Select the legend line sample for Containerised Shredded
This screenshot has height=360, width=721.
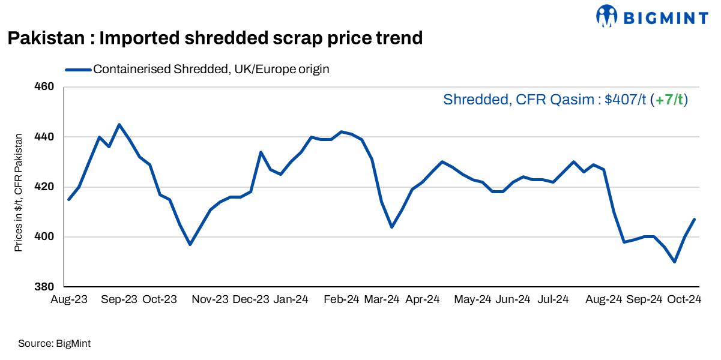(x=78, y=70)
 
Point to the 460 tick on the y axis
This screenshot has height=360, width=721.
(x=46, y=87)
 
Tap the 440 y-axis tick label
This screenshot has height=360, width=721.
(x=46, y=137)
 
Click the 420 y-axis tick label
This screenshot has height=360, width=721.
(x=46, y=187)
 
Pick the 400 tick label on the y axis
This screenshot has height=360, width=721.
(x=46, y=237)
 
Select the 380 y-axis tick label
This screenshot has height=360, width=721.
(x=46, y=287)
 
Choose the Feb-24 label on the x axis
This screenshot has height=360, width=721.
(x=342, y=299)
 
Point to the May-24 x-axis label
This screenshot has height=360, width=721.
(x=473, y=299)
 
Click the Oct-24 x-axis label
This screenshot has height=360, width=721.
(x=683, y=299)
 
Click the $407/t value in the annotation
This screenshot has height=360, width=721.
(x=625, y=100)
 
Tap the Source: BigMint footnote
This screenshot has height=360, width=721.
(x=54, y=344)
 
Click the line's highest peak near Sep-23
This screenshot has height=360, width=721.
(x=119, y=125)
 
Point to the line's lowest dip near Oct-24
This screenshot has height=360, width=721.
(x=675, y=262)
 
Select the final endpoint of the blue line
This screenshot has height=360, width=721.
(x=695, y=219)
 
